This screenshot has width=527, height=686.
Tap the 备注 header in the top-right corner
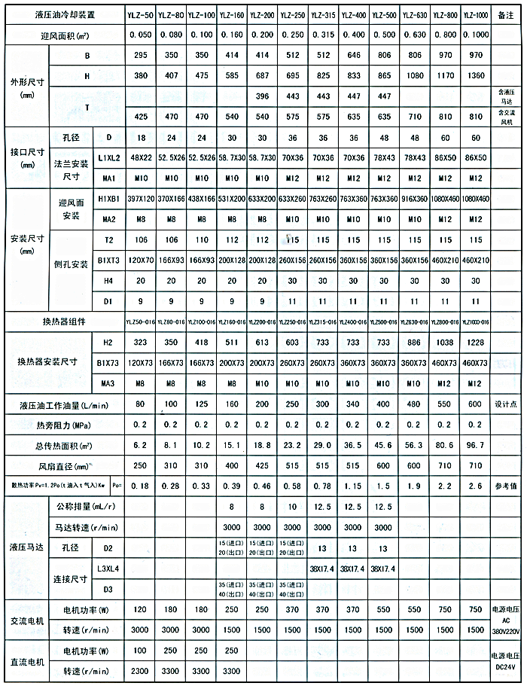click(505, 14)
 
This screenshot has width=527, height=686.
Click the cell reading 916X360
click(413, 200)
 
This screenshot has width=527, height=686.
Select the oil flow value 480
click(413, 404)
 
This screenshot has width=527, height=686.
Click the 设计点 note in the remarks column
click(505, 404)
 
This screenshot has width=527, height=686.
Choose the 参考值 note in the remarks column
click(505, 486)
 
